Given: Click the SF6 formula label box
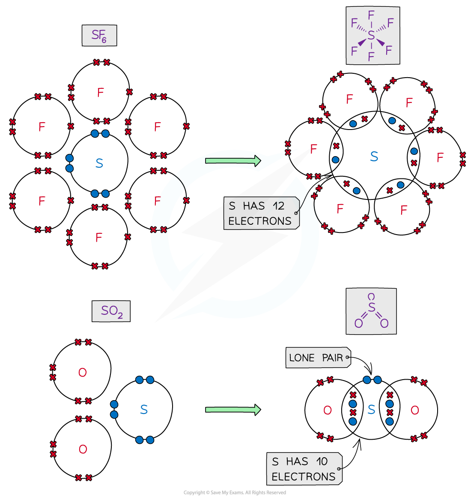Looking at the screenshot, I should click(99, 36).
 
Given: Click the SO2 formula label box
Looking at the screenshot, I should click(111, 311).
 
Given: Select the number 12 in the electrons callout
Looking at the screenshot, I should click(278, 206).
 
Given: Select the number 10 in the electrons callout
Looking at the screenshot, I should click(322, 462).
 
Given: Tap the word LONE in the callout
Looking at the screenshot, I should click(301, 358).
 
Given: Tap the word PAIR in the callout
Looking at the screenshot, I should click(332, 358).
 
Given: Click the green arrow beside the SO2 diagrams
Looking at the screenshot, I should click(233, 410).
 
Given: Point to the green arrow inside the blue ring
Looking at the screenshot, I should click(233, 161).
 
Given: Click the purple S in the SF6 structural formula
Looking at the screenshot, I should click(371, 36).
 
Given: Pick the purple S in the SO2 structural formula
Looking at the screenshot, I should click(371, 308).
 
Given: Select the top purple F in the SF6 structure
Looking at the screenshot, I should click(371, 15).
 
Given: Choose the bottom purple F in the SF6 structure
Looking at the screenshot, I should click(371, 56).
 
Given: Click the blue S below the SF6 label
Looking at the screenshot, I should click(99, 163).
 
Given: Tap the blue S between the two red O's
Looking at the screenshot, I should click(371, 410).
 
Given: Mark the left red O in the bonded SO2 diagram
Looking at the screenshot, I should click(328, 410).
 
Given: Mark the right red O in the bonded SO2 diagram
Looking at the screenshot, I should click(414, 410).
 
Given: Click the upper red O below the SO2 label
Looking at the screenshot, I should click(83, 372).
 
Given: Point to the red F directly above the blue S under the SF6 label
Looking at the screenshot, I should click(101, 93).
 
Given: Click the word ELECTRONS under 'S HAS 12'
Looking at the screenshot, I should click(259, 221).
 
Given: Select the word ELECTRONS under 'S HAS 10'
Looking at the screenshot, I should click(303, 477).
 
